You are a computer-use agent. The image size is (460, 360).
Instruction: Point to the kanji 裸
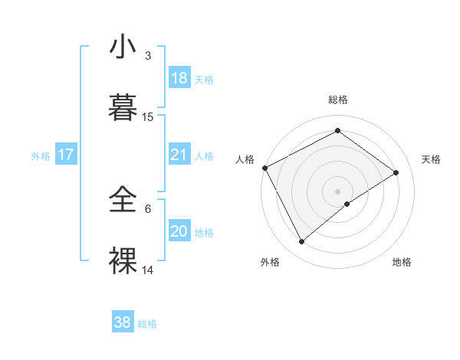(x=123, y=260)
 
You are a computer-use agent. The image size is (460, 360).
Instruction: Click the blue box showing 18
(x=179, y=78)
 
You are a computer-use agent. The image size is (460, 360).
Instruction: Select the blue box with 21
(x=179, y=155)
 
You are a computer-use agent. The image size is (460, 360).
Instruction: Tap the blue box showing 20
(x=179, y=231)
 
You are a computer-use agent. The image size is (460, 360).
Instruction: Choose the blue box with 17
(x=66, y=155)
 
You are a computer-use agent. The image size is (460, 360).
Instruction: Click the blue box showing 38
(x=123, y=322)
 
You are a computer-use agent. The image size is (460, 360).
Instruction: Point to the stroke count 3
(x=148, y=56)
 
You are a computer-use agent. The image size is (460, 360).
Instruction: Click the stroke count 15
(x=148, y=117)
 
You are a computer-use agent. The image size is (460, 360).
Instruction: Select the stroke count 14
(x=148, y=270)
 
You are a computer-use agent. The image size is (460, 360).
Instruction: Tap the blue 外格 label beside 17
(x=41, y=155)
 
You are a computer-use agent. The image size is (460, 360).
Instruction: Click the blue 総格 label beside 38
(x=147, y=324)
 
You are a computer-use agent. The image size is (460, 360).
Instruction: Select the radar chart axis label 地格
(x=402, y=263)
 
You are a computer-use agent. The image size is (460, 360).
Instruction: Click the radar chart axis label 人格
(x=245, y=159)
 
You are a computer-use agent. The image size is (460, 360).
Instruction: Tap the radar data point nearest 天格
(x=396, y=172)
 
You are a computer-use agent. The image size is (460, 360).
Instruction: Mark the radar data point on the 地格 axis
(x=347, y=204)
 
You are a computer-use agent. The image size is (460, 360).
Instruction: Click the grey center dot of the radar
(x=337, y=191)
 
